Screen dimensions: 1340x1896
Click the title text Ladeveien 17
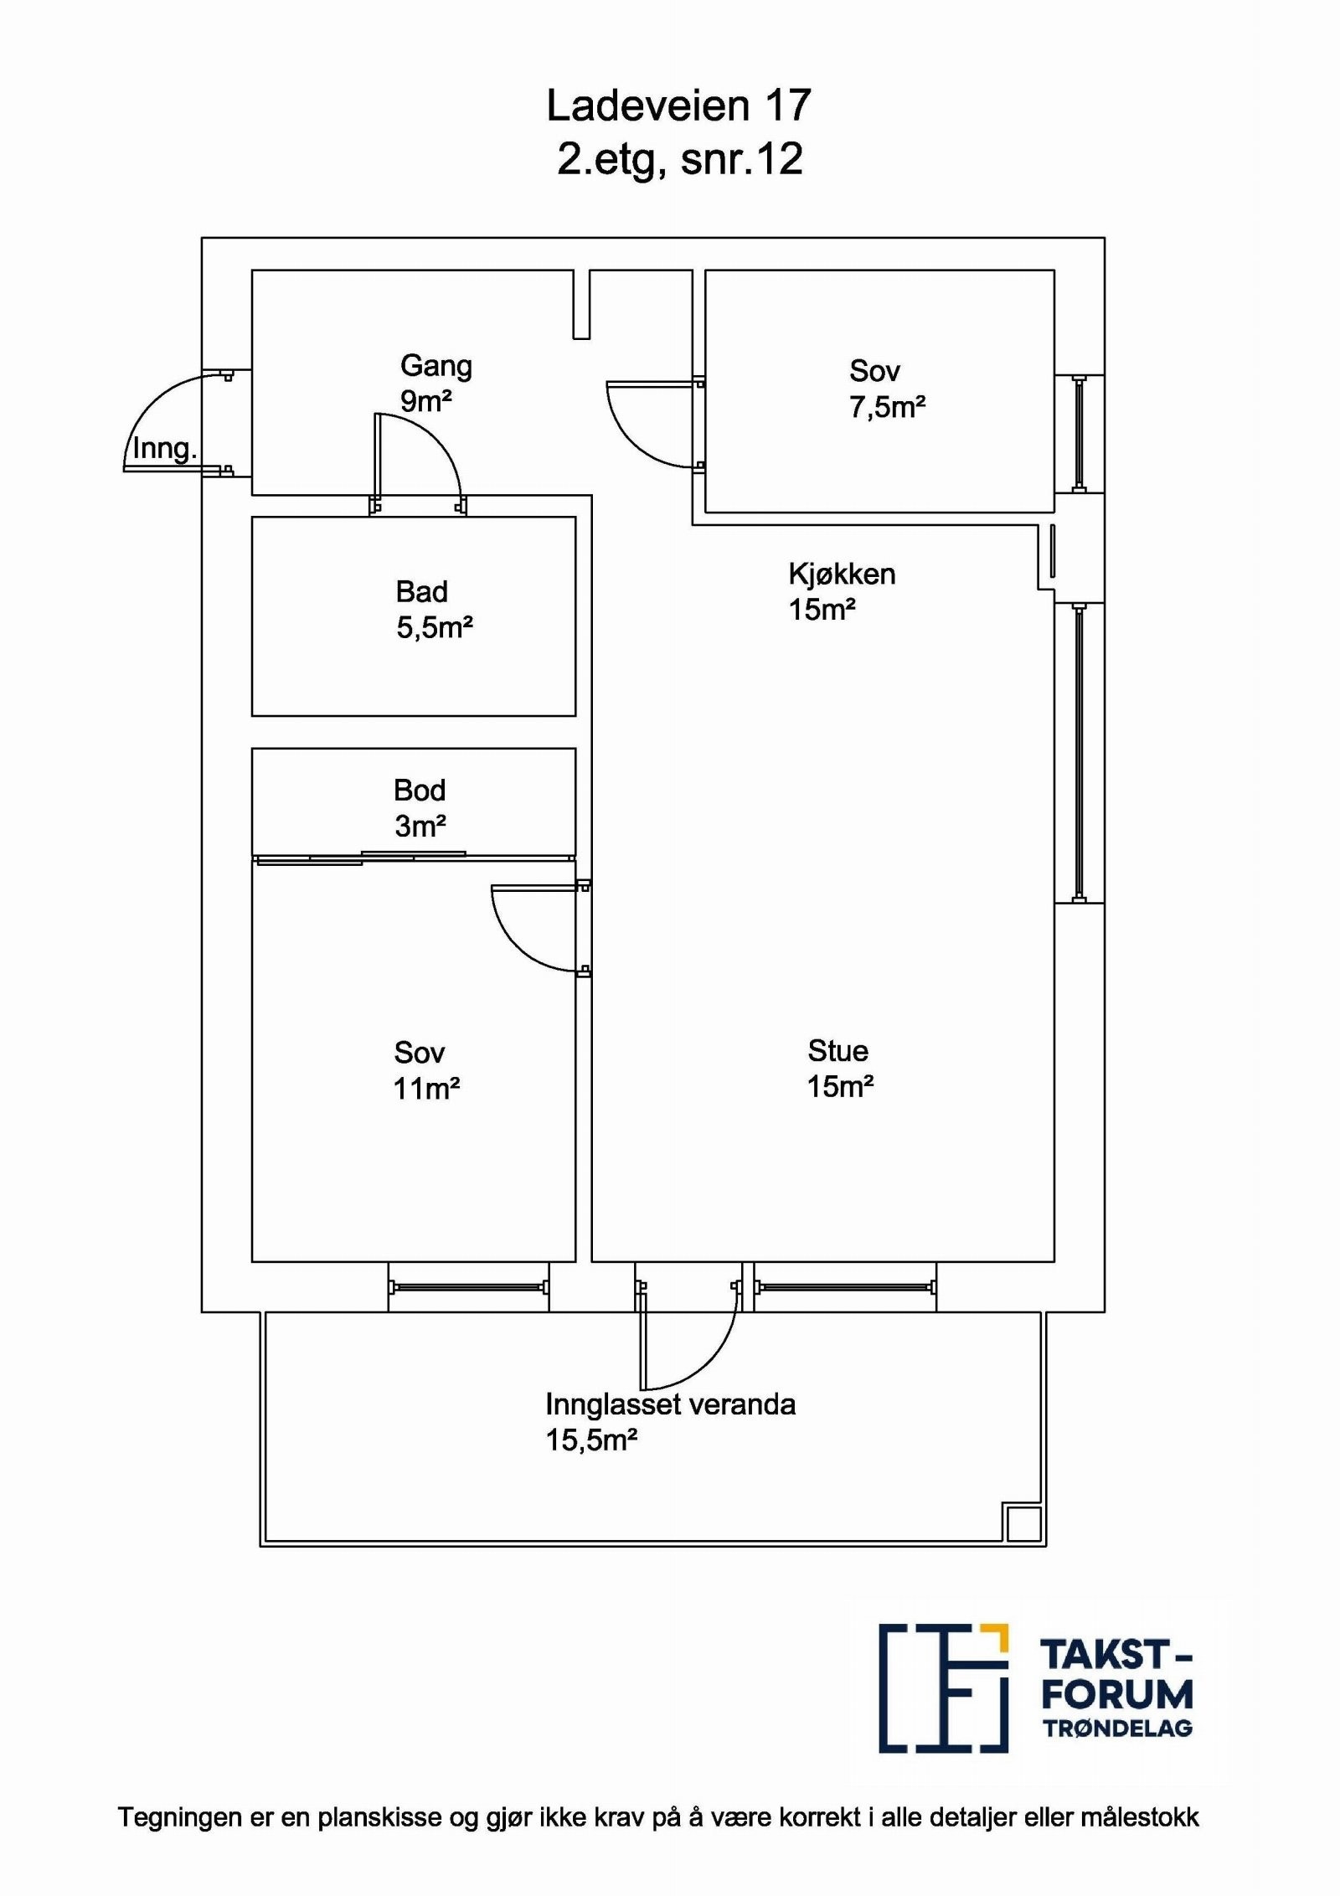(x=678, y=106)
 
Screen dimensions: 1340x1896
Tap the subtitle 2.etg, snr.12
(x=680, y=159)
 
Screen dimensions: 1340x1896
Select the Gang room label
(x=436, y=367)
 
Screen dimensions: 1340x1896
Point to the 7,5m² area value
(x=887, y=407)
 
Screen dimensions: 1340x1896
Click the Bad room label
(x=422, y=592)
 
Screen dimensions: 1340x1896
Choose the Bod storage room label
(x=420, y=791)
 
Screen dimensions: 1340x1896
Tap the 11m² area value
(x=426, y=1089)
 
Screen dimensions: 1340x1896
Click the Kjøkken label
(x=842, y=574)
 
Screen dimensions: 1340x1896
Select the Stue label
(x=837, y=1051)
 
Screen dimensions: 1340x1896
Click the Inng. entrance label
(x=164, y=449)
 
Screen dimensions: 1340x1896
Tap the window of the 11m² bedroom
(x=468, y=1287)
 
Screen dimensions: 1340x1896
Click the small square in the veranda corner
(x=1023, y=1522)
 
